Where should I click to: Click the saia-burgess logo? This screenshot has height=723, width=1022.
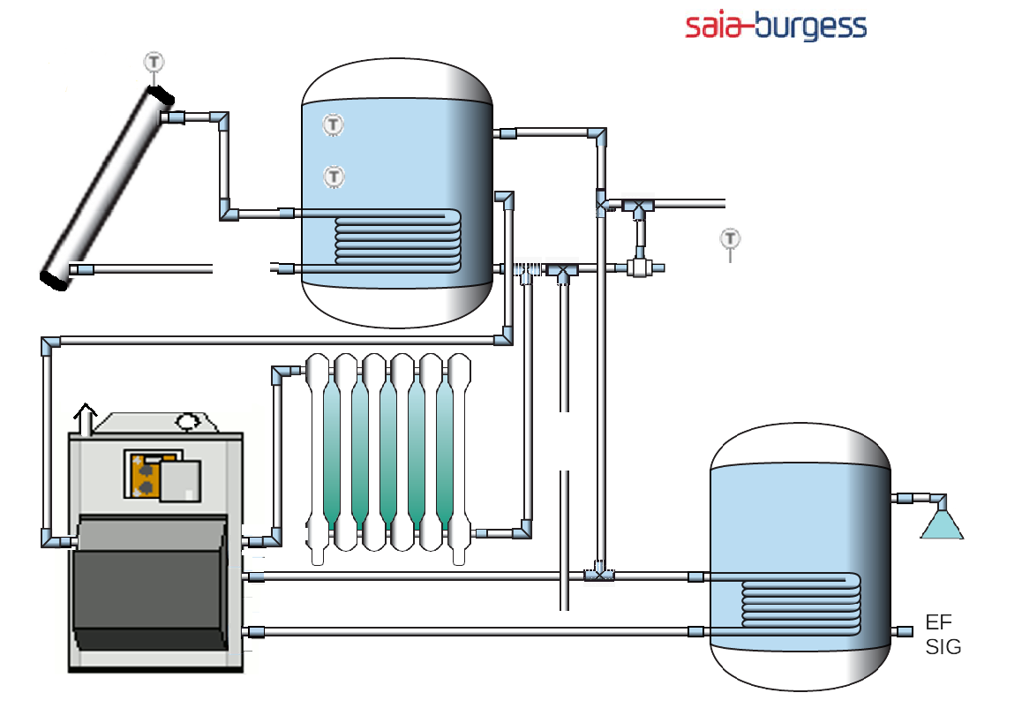[x=776, y=26]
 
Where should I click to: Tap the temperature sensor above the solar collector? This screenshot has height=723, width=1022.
[x=154, y=62]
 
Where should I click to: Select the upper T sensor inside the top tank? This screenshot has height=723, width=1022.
[x=333, y=125]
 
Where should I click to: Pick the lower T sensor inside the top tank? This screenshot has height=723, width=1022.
[x=334, y=177]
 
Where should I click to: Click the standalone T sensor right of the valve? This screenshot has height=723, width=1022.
[x=730, y=238]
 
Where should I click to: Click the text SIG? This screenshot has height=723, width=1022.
[x=943, y=647]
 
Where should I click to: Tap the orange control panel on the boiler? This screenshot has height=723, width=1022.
[x=141, y=476]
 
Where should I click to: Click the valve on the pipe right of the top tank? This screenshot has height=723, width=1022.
[x=638, y=267]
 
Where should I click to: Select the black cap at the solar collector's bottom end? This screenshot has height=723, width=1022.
[x=53, y=280]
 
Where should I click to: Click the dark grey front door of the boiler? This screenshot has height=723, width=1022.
[x=150, y=583]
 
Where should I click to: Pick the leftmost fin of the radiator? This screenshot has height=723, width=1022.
[x=318, y=459]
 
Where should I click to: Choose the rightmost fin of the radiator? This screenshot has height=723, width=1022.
[x=459, y=459]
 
